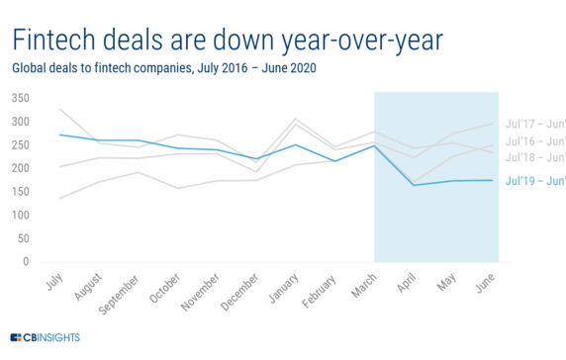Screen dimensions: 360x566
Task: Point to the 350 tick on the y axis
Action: (x=21, y=98)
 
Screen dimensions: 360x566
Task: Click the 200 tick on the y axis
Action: (x=21, y=168)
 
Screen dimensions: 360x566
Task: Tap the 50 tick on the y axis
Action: (x=24, y=238)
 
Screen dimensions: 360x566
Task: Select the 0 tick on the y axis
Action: (x=27, y=262)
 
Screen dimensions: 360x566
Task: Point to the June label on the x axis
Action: (x=485, y=283)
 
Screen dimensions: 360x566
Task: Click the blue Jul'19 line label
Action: (x=534, y=181)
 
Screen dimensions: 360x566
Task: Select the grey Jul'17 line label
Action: (x=534, y=124)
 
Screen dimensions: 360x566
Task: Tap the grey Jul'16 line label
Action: (x=534, y=141)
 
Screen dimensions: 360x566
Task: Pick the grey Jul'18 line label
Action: (x=534, y=157)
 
